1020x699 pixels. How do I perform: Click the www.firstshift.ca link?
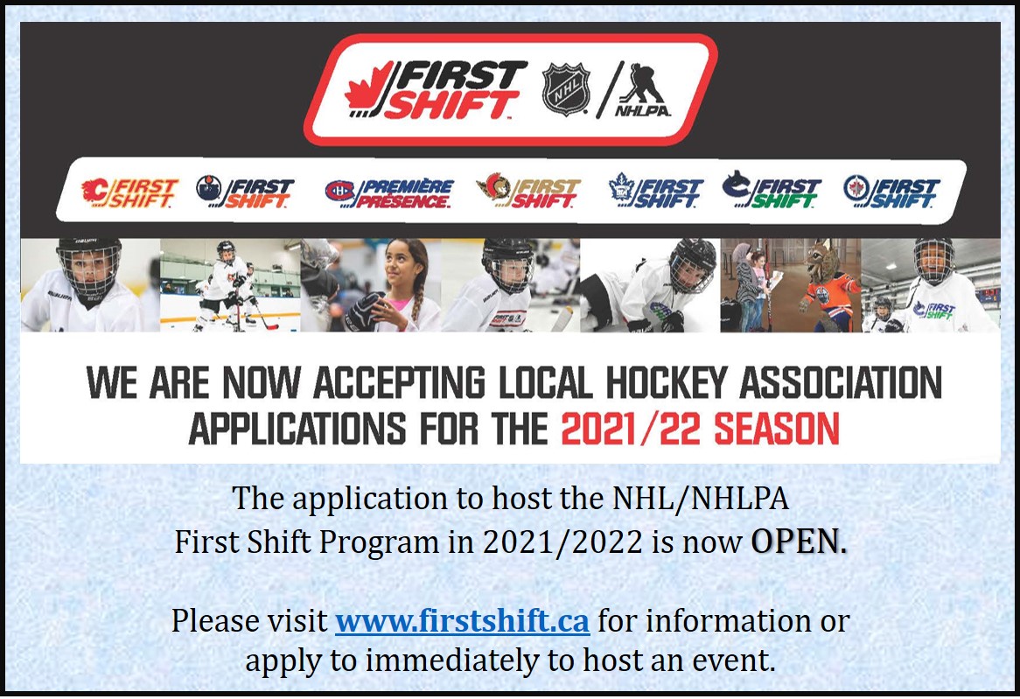[463, 621]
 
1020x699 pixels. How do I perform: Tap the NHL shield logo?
[566, 89]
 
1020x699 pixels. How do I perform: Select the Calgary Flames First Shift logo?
[129, 192]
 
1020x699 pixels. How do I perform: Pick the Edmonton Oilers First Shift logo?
[246, 192]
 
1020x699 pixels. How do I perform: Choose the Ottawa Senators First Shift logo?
[527, 192]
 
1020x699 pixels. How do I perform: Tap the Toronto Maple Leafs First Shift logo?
[656, 192]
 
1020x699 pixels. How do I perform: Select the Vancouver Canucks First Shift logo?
[772, 192]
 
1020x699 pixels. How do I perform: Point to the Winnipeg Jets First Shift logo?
[891, 192]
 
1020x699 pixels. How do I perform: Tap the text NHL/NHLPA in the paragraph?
[697, 500]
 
